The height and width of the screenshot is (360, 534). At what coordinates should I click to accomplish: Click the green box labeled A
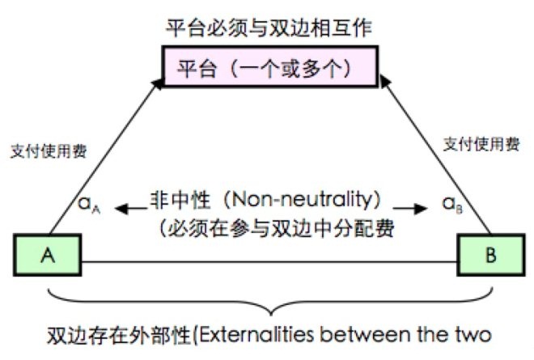point(48,255)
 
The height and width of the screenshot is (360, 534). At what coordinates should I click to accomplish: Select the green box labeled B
point(491,255)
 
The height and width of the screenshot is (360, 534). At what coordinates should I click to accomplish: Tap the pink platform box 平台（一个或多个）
point(270,67)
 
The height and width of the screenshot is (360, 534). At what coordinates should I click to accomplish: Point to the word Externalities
point(256,335)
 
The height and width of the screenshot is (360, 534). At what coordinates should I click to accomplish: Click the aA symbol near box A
point(89,205)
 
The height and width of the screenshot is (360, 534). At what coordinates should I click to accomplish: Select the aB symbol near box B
point(452,205)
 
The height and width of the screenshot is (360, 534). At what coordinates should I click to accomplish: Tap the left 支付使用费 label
point(49,151)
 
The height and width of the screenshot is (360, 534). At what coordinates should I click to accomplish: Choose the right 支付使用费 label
point(481,144)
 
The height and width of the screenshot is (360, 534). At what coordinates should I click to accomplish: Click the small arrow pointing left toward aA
point(131,208)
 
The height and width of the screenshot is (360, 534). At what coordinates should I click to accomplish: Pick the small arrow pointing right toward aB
point(410,208)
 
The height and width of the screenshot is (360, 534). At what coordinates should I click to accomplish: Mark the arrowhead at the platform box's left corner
point(158,84)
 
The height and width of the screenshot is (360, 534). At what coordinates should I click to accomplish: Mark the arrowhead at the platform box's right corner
point(384,82)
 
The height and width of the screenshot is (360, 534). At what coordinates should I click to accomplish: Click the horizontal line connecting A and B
point(269,262)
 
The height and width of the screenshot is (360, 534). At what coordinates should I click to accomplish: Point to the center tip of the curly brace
point(271,315)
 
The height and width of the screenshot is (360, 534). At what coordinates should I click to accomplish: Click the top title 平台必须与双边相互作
point(269,28)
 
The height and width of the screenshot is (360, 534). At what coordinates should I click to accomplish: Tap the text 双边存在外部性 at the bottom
point(118,336)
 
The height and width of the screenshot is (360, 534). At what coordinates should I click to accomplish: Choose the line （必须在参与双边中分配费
point(277,228)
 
